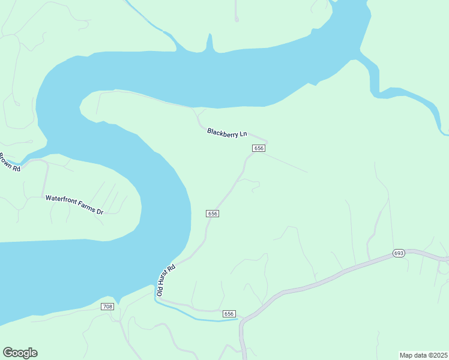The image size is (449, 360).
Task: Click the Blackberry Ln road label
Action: (227, 133)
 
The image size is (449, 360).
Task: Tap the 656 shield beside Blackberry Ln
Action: (259, 148)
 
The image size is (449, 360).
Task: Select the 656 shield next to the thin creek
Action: (229, 314)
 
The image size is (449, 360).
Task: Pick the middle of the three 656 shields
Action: (212, 214)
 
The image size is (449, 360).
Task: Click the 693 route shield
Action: (399, 253)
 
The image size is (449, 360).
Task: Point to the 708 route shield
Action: (107, 307)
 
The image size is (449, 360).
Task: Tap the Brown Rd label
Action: (10, 163)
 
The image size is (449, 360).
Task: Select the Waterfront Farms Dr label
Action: (75, 205)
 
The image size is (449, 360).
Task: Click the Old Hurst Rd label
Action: (166, 280)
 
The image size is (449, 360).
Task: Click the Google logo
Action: (20, 353)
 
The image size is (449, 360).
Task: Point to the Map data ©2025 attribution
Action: (424, 355)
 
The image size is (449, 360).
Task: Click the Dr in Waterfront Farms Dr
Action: (101, 212)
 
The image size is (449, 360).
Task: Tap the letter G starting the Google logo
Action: (8, 353)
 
